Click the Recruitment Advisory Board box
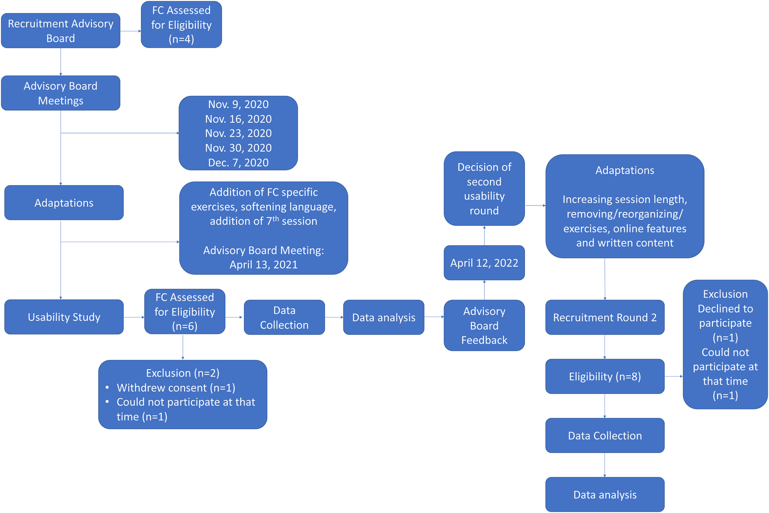(61, 31)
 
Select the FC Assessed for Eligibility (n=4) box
(181, 25)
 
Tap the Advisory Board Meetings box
(61, 93)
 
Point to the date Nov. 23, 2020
(238, 133)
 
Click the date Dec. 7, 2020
(238, 162)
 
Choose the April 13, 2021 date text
(264, 265)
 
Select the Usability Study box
(64, 317)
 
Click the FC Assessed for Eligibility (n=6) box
(185, 312)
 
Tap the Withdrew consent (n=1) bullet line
(176, 388)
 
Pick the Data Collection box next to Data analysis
(284, 317)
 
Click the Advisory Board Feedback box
(484, 325)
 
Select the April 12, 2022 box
(484, 263)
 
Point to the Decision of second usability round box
(484, 188)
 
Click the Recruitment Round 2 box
(605, 317)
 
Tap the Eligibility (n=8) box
(605, 377)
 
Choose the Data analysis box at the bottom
(605, 495)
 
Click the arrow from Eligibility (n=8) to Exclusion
(673, 376)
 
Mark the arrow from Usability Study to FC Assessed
(134, 317)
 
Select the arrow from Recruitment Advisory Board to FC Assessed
(131, 31)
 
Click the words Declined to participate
(725, 316)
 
